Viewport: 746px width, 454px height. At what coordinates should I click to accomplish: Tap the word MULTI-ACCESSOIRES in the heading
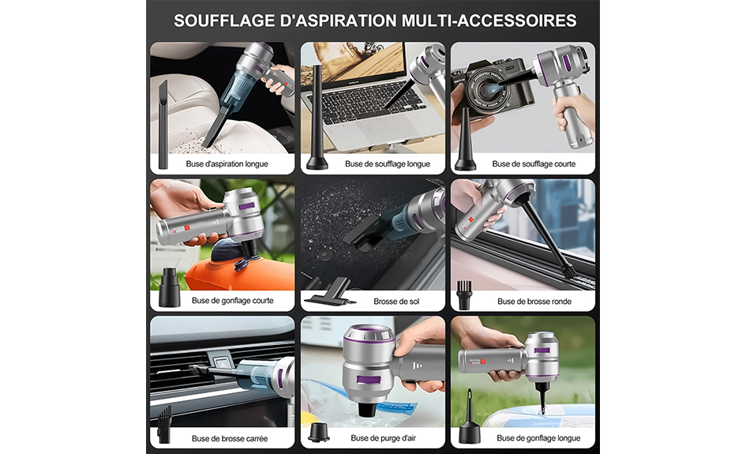(x=489, y=21)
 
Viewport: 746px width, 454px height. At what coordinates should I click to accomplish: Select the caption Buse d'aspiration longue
(x=227, y=163)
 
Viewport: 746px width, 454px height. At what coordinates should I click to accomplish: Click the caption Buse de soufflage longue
(x=388, y=163)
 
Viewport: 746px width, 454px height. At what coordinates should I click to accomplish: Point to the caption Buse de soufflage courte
(x=534, y=163)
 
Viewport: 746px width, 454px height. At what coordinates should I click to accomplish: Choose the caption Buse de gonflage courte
(x=233, y=300)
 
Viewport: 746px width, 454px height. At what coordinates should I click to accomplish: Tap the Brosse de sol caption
(x=396, y=302)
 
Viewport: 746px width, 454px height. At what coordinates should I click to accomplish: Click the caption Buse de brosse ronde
(x=534, y=302)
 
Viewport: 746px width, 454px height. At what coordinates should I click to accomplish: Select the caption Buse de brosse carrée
(x=230, y=438)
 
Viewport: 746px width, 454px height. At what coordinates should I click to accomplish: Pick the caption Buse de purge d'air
(x=383, y=438)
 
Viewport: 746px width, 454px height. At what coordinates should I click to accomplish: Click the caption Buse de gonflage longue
(x=538, y=438)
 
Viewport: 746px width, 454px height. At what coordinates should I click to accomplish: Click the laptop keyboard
(x=367, y=101)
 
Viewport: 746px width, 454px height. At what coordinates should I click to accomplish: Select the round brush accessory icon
(x=464, y=295)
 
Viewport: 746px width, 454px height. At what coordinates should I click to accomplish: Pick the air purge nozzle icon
(x=318, y=432)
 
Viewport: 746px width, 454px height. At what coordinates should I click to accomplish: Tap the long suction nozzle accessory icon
(x=163, y=124)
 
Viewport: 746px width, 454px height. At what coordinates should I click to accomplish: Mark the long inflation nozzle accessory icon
(x=470, y=418)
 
